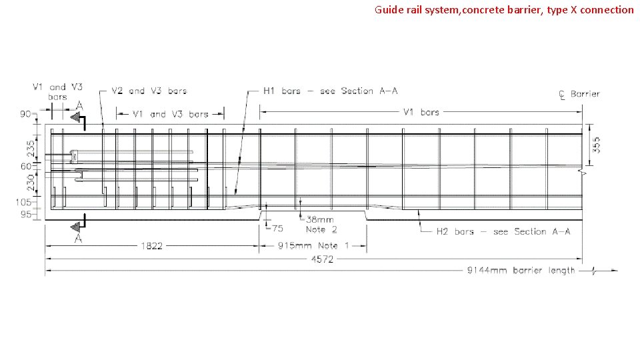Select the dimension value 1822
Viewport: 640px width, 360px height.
pos(151,246)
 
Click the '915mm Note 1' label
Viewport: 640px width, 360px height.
pos(312,246)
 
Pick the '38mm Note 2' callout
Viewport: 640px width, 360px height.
pos(321,224)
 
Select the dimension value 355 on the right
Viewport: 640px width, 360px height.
pos(597,145)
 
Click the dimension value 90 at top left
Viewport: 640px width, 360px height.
pos(26,114)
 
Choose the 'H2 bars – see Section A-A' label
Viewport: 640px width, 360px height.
pos(503,231)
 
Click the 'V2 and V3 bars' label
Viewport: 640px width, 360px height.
pos(149,91)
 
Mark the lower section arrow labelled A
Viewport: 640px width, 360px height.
pos(79,229)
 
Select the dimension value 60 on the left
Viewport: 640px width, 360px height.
pos(26,166)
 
